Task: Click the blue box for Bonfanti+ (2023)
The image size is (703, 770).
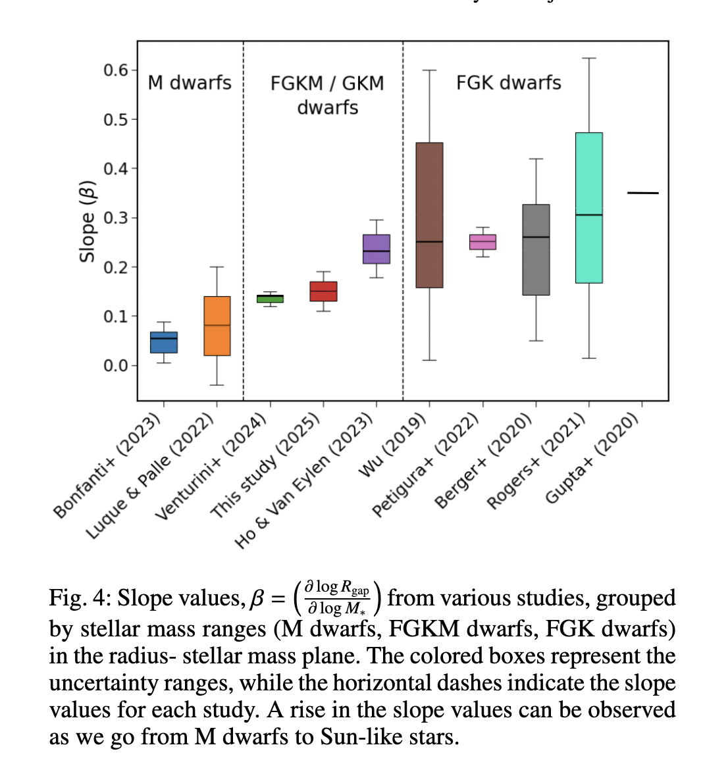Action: pyautogui.click(x=164, y=342)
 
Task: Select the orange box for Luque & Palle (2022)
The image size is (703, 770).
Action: pyautogui.click(x=217, y=326)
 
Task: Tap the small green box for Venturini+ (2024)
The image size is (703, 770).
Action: pyautogui.click(x=270, y=299)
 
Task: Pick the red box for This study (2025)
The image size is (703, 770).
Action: pyautogui.click(x=323, y=291)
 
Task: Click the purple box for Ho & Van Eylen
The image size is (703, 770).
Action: pyautogui.click(x=377, y=249)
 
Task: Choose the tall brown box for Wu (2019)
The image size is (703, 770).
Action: pyautogui.click(x=429, y=215)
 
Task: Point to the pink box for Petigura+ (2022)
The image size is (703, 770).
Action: pyautogui.click(x=482, y=242)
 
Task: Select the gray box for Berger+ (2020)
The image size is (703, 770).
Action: pyautogui.click(x=536, y=249)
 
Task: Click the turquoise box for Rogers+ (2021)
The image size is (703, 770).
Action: pyautogui.click(x=589, y=208)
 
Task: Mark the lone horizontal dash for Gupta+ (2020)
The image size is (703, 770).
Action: pyautogui.click(x=642, y=193)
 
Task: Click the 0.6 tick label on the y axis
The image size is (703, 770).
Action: pyautogui.click(x=116, y=70)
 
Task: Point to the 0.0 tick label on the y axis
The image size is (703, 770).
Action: pyautogui.click(x=116, y=365)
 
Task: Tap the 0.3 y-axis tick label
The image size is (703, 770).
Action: pyautogui.click(x=116, y=218)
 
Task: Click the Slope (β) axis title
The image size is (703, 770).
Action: pyautogui.click(x=87, y=220)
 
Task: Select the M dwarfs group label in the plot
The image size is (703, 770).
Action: pyautogui.click(x=190, y=83)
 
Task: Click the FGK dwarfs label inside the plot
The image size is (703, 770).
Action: pyautogui.click(x=509, y=83)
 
